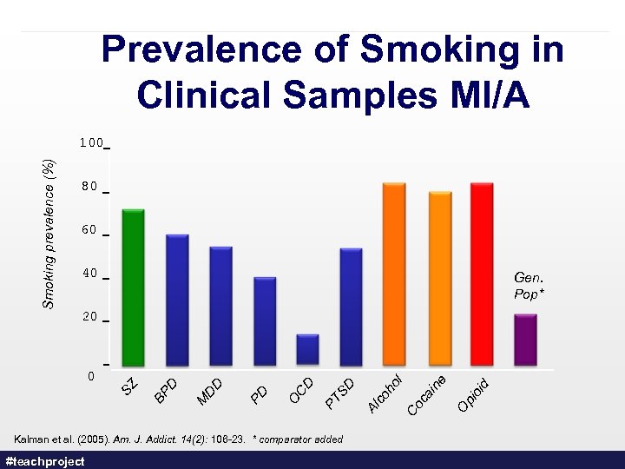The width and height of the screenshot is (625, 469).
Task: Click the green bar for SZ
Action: (133, 287)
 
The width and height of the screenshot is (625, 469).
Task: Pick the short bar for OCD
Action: (307, 349)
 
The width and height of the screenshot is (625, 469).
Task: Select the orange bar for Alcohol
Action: (394, 274)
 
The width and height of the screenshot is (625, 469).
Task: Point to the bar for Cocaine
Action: (440, 278)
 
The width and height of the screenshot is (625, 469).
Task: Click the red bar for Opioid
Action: (482, 274)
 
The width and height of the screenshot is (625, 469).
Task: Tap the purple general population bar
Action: (526, 340)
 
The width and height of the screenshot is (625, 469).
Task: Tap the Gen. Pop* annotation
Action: (528, 286)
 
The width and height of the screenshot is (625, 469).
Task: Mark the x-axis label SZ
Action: (128, 385)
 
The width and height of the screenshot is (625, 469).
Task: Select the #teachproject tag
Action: (45, 461)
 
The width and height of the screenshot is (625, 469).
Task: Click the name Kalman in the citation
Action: (30, 439)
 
